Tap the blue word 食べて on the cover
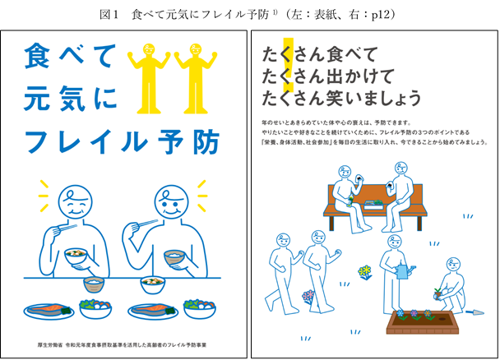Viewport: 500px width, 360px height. click(70, 57)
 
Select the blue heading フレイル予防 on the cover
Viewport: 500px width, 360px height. click(123, 141)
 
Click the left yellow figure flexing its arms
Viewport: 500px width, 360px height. click(149, 78)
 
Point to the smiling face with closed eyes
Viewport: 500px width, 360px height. click(76, 202)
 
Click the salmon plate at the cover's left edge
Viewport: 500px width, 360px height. click(49, 311)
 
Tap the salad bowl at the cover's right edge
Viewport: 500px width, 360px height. click(200, 308)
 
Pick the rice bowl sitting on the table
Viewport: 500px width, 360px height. click(94, 284)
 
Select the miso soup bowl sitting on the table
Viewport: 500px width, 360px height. click(153, 285)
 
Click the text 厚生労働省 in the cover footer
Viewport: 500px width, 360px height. click(50, 345)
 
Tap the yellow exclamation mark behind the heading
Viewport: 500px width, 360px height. click(289, 65)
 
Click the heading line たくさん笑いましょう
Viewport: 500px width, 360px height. click(341, 98)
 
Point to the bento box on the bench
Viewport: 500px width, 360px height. click(373, 205)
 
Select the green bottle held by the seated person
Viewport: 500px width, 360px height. click(350, 200)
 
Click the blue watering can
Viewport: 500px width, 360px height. click(404, 271)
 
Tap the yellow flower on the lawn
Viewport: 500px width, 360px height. click(365, 272)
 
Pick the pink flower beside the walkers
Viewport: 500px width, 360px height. click(308, 297)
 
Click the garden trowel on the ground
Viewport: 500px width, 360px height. click(475, 312)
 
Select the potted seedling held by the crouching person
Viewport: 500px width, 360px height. click(437, 293)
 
